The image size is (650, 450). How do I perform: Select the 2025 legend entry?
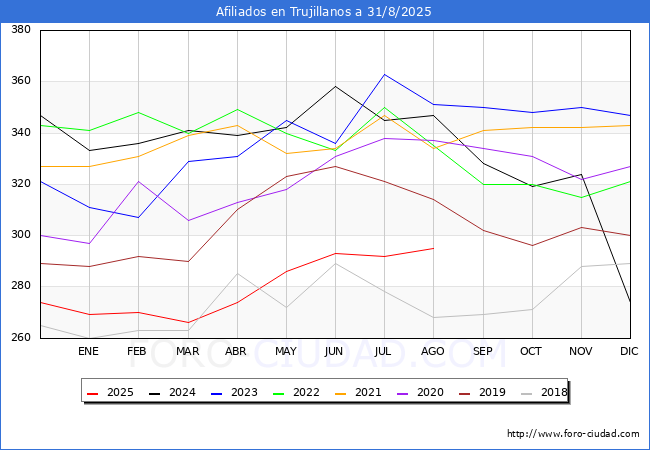coord(110,392)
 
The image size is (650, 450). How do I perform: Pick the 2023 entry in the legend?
coord(234,392)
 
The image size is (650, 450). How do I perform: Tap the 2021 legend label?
coord(358,392)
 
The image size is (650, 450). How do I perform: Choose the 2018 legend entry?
coord(544,392)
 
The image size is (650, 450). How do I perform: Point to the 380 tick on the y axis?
coord(21,29)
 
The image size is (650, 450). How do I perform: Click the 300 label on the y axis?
coord(21,235)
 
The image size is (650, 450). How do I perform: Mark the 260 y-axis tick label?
coord(21,337)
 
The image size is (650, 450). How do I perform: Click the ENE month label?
coord(88,351)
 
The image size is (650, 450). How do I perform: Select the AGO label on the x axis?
coord(433,351)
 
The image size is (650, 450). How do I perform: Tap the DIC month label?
coord(629,351)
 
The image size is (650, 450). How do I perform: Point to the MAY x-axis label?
coord(286,351)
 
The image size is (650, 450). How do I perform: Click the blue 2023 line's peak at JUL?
coord(385,75)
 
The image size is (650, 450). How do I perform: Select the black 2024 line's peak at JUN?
coord(335,86)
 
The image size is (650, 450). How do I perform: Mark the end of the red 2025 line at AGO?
coord(434,248)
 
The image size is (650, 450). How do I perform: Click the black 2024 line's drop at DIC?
coord(630,302)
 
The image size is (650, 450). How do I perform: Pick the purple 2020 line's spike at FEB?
coord(138,181)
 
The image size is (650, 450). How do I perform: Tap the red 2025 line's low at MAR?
coord(188,322)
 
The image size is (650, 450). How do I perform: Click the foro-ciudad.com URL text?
coord(573,434)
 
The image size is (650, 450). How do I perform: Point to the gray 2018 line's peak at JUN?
coord(335,263)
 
